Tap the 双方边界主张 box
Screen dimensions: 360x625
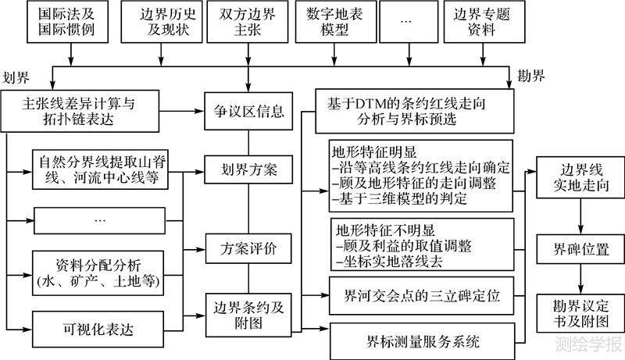click(248, 23)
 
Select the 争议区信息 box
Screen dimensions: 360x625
click(249, 112)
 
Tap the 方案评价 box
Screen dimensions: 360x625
click(249, 249)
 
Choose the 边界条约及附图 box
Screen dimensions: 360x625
click(249, 312)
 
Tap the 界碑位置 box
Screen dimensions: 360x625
click(579, 250)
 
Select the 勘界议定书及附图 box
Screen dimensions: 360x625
click(579, 311)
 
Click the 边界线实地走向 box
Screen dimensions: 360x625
click(579, 179)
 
